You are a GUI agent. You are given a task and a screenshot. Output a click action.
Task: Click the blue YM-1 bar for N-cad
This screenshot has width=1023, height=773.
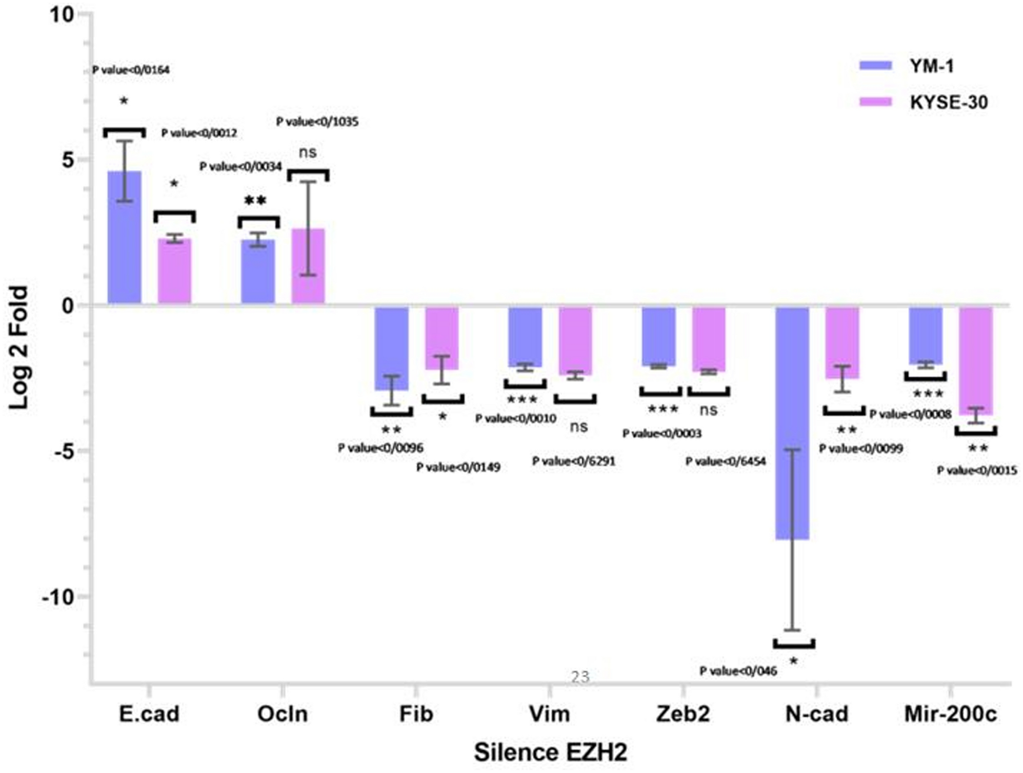pos(792,423)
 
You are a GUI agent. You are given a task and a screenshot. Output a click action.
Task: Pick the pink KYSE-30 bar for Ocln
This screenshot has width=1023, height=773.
pos(308,266)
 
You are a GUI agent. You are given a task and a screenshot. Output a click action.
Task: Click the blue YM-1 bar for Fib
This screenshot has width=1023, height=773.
pos(392,349)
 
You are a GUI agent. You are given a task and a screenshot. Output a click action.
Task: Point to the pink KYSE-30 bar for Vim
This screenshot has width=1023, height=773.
pos(575,341)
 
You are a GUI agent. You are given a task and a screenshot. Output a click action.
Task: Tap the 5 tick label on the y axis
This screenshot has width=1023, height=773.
pos(68,160)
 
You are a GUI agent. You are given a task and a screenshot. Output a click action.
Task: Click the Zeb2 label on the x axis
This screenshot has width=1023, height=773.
pos(683,714)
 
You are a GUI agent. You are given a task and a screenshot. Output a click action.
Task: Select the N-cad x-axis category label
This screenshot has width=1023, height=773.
pos(816,714)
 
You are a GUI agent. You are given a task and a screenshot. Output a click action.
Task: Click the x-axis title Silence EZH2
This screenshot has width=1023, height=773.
pos(550,752)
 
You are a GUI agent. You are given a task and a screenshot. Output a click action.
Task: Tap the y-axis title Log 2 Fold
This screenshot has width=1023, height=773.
pos(18,347)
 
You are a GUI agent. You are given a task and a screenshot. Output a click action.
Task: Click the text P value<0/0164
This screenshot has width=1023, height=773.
pos(131,70)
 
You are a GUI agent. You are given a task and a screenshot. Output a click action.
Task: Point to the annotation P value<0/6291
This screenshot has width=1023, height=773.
pos(573,461)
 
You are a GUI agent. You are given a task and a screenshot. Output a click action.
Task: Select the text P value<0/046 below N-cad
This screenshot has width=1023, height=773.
pos(738,671)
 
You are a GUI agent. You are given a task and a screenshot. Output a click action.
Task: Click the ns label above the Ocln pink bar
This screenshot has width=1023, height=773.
pos(308,152)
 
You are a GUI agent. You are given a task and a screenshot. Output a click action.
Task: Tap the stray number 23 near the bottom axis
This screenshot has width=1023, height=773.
pos(580,677)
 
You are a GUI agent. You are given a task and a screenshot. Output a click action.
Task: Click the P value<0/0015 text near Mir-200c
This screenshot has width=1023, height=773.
pos(977,470)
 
